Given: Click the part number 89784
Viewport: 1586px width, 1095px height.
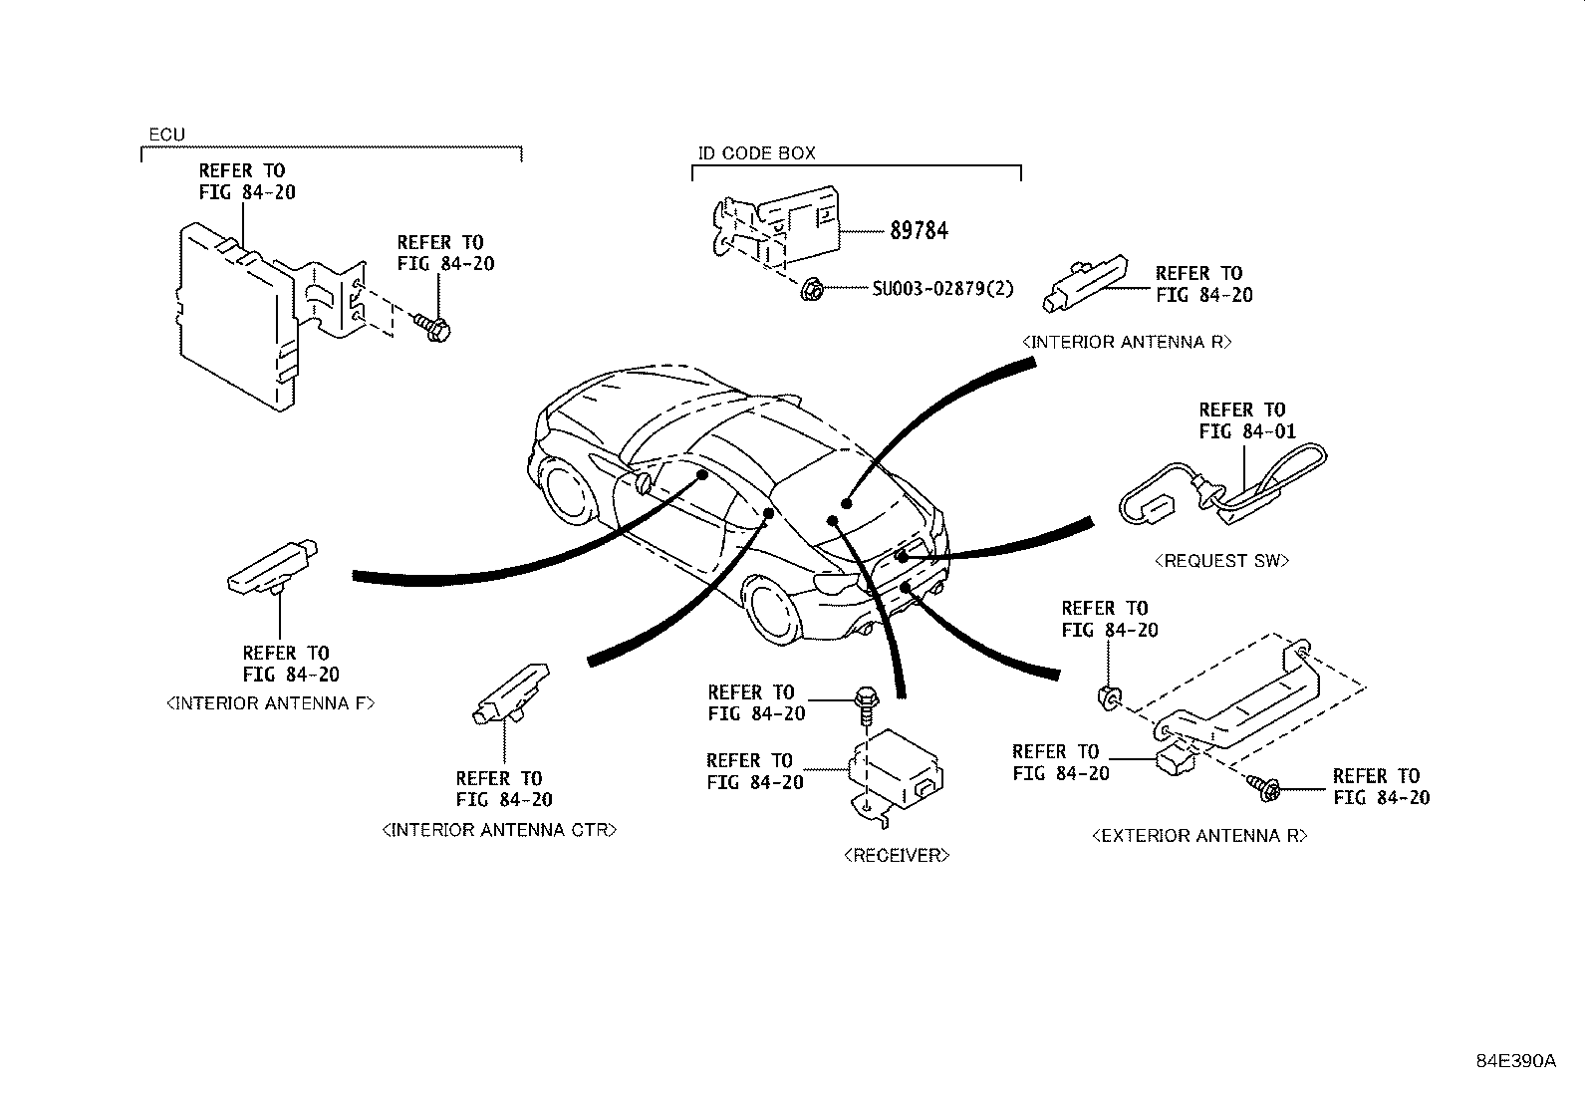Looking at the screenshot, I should pos(919,231).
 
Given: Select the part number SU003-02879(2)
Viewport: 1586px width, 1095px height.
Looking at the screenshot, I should pos(942,289).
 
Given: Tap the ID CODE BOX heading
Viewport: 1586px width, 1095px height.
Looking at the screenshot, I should pos(756,153).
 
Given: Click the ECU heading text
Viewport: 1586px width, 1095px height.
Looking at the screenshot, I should pos(166,135).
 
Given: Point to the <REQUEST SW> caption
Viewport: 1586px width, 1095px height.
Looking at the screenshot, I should pos(1221,561).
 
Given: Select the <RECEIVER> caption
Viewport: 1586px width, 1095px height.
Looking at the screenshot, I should pos(897,855).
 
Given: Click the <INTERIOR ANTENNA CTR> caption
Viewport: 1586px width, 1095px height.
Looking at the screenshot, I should pos(499,830).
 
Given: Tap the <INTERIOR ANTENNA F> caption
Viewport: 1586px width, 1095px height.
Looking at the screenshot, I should pos(270,703).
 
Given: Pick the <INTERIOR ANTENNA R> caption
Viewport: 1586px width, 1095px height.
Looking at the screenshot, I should pos(1127,342).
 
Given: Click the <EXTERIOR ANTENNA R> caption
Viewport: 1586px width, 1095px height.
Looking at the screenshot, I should pos(1199,836).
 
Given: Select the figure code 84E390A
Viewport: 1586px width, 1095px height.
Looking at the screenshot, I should pos(1515,1061).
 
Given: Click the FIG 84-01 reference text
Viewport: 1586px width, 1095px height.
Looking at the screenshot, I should pos(1247,431).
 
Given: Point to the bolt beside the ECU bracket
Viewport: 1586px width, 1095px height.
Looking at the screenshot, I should pos(432,327).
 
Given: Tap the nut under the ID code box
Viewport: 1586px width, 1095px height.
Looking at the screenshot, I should pos(810,290).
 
